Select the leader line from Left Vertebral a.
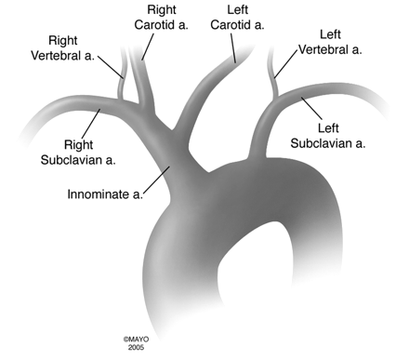click(289, 61)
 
